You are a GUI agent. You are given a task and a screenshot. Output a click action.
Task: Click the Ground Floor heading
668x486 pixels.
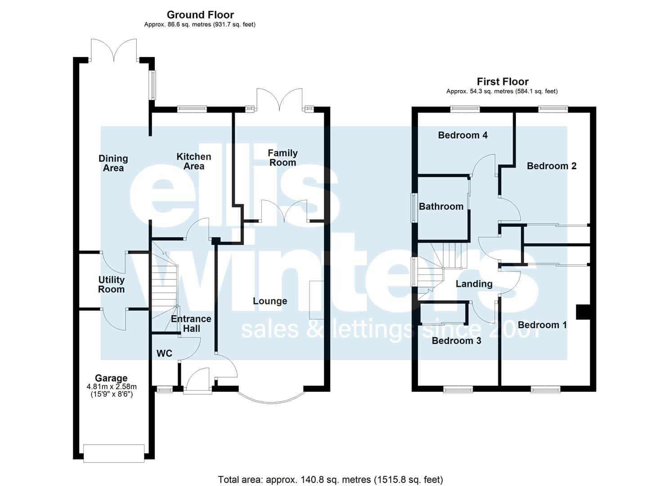click(x=200, y=14)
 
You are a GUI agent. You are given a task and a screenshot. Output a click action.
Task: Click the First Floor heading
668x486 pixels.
click(x=502, y=81)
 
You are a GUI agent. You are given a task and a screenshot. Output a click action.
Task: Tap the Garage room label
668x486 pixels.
click(x=111, y=378)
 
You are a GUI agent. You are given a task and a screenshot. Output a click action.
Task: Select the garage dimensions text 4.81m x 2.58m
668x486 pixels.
click(x=112, y=387)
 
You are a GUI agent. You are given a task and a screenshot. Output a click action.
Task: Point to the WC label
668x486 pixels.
click(x=164, y=354)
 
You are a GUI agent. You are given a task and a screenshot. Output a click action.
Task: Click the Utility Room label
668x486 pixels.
click(x=111, y=284)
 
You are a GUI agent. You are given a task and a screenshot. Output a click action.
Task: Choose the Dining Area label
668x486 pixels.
click(x=113, y=163)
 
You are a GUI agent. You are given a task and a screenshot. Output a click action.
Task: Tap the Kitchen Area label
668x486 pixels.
click(x=194, y=162)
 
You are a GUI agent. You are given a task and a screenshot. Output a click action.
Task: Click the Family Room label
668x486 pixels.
click(x=282, y=158)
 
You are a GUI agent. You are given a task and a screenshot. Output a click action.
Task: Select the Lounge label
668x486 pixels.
click(x=270, y=301)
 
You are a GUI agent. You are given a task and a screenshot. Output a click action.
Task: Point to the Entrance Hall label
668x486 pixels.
click(x=191, y=324)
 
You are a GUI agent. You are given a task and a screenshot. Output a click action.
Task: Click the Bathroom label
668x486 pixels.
click(x=441, y=207)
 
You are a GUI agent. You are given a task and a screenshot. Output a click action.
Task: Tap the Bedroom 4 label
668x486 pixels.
click(x=463, y=135)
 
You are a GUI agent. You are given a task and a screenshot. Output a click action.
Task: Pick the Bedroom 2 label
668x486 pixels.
click(x=551, y=166)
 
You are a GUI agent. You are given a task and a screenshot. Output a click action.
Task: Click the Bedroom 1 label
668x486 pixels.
click(x=542, y=325)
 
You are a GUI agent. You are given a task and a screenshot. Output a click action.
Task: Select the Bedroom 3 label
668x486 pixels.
click(x=457, y=341)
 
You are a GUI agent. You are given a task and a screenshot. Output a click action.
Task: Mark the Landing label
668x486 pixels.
click(x=474, y=284)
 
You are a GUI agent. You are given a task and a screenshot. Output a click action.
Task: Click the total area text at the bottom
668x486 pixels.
click(x=331, y=472)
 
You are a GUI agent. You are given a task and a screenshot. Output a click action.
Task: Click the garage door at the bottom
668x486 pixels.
click(x=114, y=454)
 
